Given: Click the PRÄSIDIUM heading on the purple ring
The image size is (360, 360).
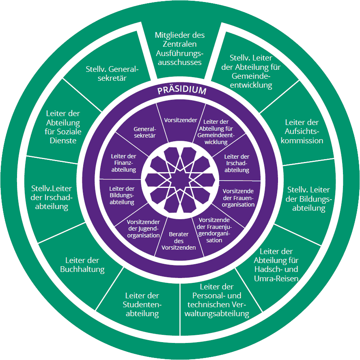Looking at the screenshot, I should pyautogui.click(x=182, y=91).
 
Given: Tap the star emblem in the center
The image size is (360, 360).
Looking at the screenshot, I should pyautogui.click(x=180, y=180).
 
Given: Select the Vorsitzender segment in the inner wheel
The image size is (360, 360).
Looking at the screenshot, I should pyautogui.click(x=181, y=120).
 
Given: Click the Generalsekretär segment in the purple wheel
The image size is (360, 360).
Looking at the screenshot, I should pyautogui.click(x=145, y=133).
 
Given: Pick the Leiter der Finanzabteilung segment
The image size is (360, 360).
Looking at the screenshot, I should pyautogui.click(x=123, y=163).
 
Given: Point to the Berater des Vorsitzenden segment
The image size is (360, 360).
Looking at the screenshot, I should pyautogui.click(x=179, y=241).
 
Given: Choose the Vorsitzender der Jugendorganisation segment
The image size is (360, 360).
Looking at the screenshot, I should pyautogui.click(x=143, y=229).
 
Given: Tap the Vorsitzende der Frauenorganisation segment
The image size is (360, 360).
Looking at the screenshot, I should pyautogui.click(x=239, y=198).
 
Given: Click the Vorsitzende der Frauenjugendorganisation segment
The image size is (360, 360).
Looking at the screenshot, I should pyautogui.click(x=217, y=229).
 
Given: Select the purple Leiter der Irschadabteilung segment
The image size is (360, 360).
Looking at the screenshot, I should pyautogui.click(x=237, y=163).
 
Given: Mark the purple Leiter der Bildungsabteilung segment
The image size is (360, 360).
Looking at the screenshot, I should pyautogui.click(x=122, y=195).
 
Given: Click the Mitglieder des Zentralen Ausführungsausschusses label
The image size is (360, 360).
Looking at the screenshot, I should pyautogui.click(x=180, y=49).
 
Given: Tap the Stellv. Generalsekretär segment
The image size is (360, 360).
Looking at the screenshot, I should pyautogui.click(x=112, y=73).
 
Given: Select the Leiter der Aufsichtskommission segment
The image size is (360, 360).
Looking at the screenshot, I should pyautogui.click(x=302, y=131).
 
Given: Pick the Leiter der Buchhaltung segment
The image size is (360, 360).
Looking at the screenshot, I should pyautogui.click(x=85, y=265).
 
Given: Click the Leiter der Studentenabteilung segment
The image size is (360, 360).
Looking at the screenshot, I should pyautogui.click(x=142, y=304).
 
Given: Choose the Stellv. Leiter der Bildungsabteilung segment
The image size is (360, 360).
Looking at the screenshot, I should pyautogui.click(x=308, y=199).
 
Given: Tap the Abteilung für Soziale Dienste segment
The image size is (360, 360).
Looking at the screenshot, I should pyautogui.click(x=63, y=127).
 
